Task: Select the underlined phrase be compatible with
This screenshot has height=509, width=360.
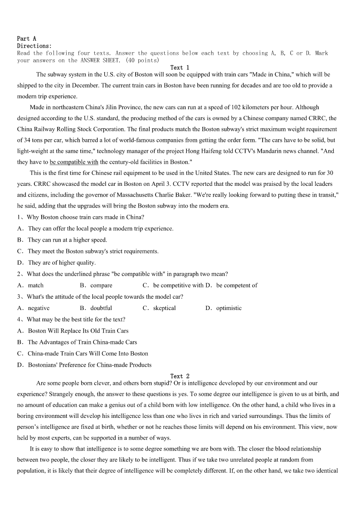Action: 74,162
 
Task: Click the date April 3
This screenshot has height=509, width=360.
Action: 161,184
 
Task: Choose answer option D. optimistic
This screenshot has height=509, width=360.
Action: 224,308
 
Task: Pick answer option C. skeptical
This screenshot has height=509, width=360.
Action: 159,308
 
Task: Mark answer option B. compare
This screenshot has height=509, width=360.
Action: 96,286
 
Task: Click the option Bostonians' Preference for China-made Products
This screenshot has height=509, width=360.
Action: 89,365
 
